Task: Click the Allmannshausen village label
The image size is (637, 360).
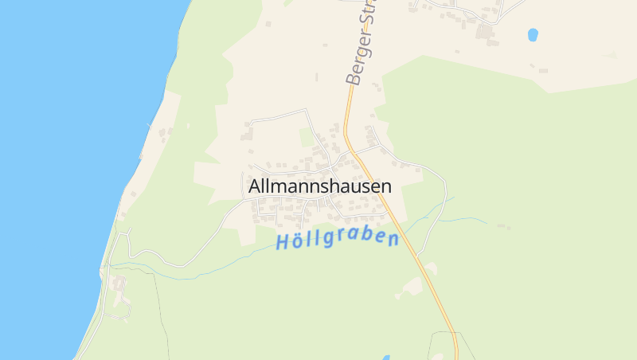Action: (x=320, y=186)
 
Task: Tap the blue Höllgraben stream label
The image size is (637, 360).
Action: (x=337, y=239)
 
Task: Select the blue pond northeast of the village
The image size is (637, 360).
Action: (x=533, y=34)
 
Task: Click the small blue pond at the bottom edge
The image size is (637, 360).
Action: (x=387, y=357)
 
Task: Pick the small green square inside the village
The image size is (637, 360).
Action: (x=307, y=137)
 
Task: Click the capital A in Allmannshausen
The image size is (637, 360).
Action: (x=255, y=186)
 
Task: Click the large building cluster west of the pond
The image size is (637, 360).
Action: (x=484, y=32)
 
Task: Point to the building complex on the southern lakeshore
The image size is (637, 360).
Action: (x=119, y=291)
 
